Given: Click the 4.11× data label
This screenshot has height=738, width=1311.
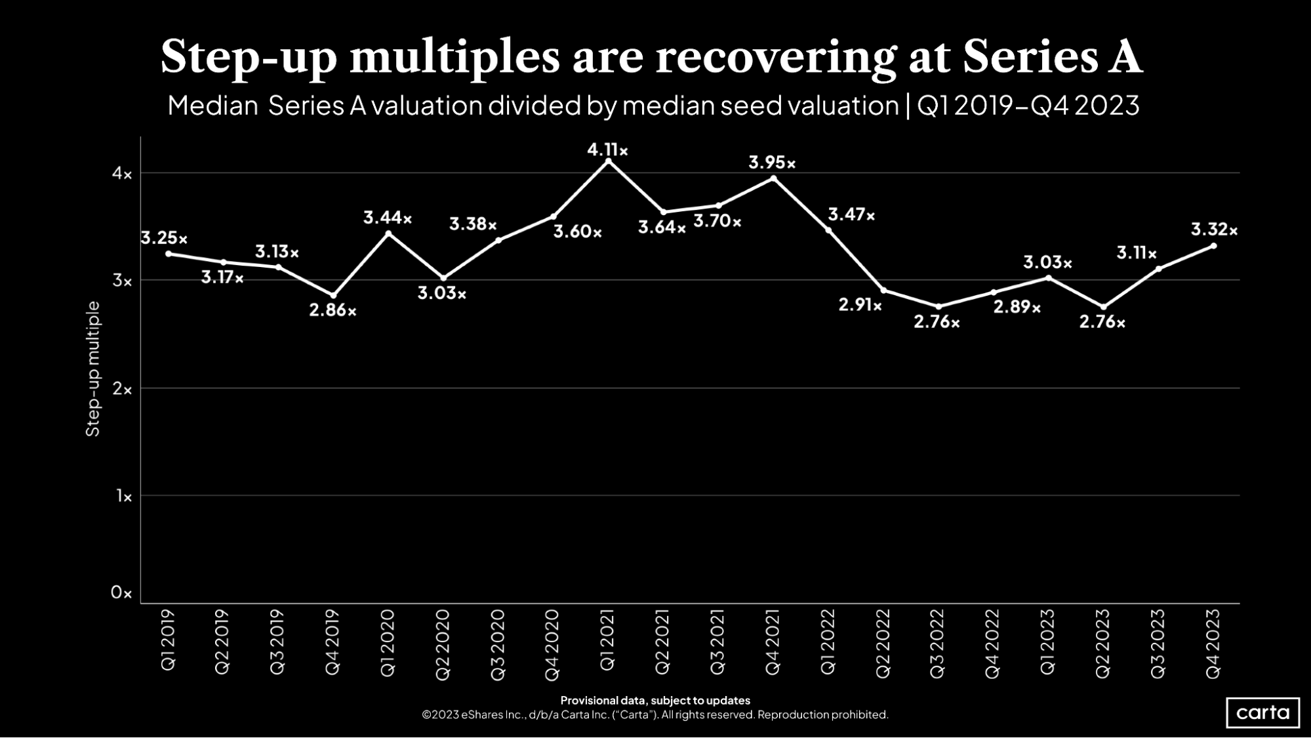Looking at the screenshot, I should (607, 150).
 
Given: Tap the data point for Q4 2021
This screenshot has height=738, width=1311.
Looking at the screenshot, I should (773, 178).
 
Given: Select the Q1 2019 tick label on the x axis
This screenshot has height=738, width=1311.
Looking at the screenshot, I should (168, 640).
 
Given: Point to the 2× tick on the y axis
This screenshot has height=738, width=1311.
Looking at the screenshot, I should (122, 389).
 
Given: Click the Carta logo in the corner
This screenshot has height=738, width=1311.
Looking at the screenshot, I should (1262, 712).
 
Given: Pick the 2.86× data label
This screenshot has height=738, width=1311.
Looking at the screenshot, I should (333, 310).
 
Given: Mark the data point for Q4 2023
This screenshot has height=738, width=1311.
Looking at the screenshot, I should (1213, 246).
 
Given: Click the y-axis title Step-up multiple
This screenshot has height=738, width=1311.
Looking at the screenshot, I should (93, 369).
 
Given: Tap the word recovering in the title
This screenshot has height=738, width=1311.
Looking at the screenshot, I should (776, 57).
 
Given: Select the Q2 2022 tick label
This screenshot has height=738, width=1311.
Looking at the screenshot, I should (883, 643).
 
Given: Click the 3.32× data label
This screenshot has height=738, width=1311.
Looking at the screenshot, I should (1214, 230).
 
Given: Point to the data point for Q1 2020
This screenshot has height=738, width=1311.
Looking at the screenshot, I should (388, 234).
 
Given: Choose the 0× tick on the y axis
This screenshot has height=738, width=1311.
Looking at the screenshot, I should (121, 593).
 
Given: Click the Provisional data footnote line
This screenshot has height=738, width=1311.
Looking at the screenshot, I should (655, 700).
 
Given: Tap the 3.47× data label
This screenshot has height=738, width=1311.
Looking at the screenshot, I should (851, 215).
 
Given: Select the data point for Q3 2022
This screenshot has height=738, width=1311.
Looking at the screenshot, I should (938, 306).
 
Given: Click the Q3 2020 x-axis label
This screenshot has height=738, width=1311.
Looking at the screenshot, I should (498, 644).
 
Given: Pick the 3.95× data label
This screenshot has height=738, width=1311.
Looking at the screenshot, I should (772, 163).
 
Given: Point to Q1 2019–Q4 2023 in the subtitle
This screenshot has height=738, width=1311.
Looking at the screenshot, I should (1028, 106).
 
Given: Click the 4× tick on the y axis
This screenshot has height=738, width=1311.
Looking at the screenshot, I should (122, 174).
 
